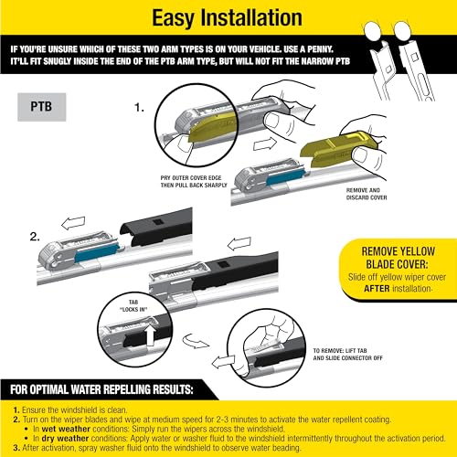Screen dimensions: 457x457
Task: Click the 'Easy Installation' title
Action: click(228, 18)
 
